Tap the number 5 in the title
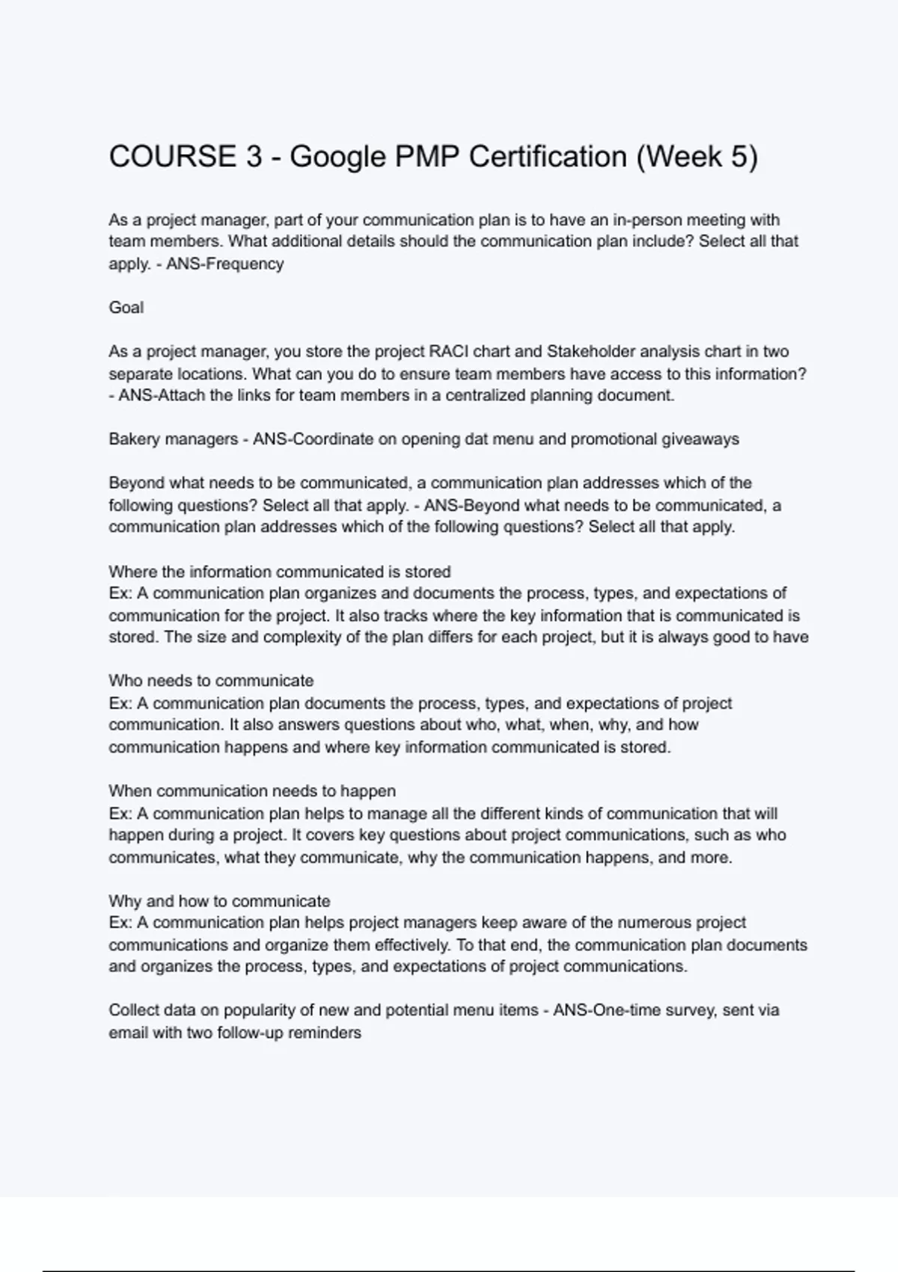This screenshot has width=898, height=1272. [738, 157]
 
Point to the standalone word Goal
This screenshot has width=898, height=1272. [126, 308]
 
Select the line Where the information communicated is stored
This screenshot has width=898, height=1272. [279, 572]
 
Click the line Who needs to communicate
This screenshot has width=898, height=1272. [210, 681]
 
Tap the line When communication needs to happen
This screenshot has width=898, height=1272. [251, 791]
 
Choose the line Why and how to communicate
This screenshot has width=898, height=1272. [219, 901]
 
